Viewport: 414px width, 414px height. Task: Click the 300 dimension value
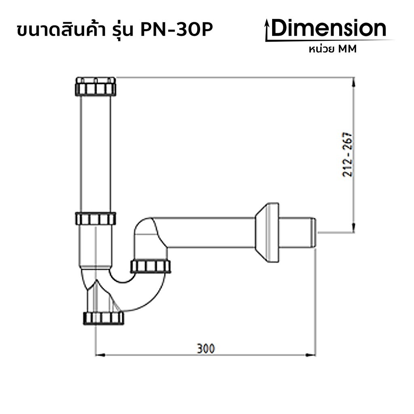pos(206,348)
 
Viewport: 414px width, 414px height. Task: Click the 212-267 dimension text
pos(348,155)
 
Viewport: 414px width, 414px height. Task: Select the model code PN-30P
pos(176,31)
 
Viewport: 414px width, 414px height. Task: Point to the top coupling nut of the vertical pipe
pos(95,87)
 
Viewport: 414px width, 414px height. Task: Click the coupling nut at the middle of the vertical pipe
pos(95,219)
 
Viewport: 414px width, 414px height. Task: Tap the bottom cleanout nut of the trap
pos(103,318)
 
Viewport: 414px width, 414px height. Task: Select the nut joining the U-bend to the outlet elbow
pos(150,266)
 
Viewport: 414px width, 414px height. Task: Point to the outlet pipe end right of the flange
pos(298,232)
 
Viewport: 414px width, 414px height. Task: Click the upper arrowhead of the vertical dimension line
pos(354,81)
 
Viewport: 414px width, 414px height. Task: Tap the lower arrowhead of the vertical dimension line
pos(354,229)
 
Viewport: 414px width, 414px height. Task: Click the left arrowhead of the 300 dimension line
pos(99,355)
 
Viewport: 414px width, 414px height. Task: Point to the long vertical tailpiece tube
pos(95,154)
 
